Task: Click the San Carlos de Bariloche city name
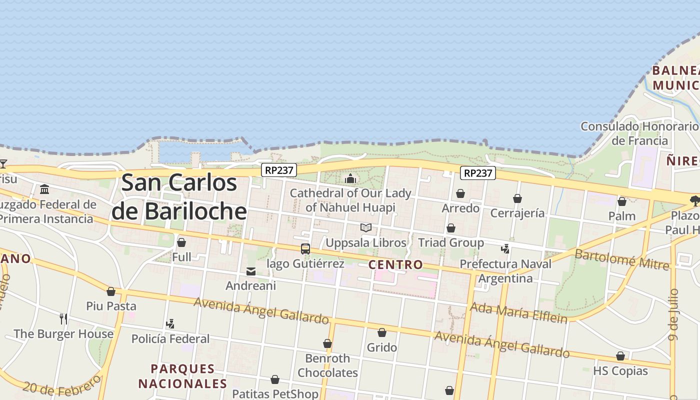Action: [x=179, y=196]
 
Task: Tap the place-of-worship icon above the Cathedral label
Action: [x=350, y=178]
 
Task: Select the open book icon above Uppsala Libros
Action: [x=366, y=228]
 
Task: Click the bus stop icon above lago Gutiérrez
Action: [x=305, y=248]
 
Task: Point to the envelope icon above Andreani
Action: [x=251, y=271]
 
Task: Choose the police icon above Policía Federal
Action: [x=170, y=324]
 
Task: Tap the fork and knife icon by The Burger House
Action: [x=63, y=318]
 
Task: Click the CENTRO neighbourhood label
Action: [x=395, y=264]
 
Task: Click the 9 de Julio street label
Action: [x=674, y=314]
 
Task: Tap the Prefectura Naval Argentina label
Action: [x=505, y=271]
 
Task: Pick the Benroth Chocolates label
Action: [x=328, y=365]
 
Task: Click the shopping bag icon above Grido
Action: [x=382, y=332]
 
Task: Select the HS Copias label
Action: [x=620, y=371]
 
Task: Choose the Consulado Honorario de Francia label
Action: [x=639, y=133]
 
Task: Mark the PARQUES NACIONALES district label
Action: [x=182, y=376]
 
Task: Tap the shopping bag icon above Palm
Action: [x=622, y=201]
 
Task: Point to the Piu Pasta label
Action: [x=111, y=306]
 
